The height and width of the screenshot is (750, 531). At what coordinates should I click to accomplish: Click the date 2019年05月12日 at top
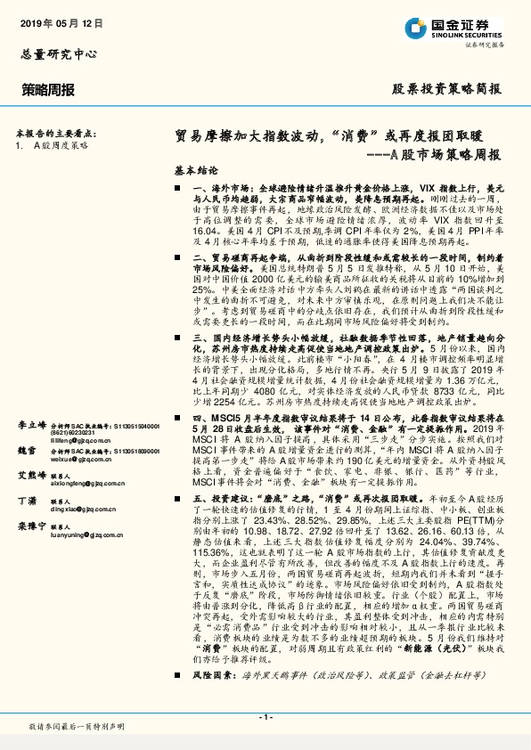click(55, 24)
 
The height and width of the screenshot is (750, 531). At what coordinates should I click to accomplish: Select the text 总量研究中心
click(58, 54)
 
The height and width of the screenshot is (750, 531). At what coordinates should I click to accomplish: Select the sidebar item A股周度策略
click(61, 143)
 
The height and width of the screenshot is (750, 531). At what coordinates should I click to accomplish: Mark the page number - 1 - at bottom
click(265, 717)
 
